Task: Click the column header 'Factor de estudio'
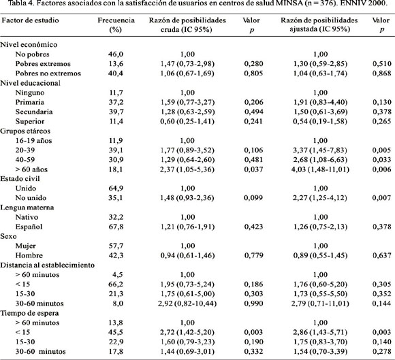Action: pyautogui.click(x=30, y=20)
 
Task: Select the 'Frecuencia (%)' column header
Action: pyautogui.click(x=116, y=24)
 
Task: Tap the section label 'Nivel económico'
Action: pyautogui.click(x=29, y=44)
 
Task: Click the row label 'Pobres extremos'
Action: pyautogui.click(x=43, y=64)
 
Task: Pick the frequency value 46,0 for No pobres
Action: pyautogui.click(x=116, y=54)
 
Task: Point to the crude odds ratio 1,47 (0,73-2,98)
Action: pyautogui.click(x=187, y=64)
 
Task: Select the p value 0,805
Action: pyautogui.click(x=253, y=73)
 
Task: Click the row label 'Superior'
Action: pyautogui.click(x=30, y=121)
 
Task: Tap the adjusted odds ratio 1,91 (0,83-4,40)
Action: pyautogui.click(x=320, y=102)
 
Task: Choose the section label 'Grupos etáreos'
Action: pyautogui.click(x=25, y=131)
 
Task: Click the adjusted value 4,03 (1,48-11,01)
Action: pyautogui.click(x=320, y=169)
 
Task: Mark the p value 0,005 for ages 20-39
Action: pyautogui.click(x=382, y=150)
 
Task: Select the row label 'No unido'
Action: pyautogui.click(x=31, y=198)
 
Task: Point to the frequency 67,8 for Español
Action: pyautogui.click(x=116, y=227)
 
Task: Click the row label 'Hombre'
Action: pyautogui.click(x=29, y=255)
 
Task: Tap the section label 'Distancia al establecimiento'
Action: pyautogui.click(x=48, y=265)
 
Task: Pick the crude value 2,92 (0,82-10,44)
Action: pyautogui.click(x=187, y=304)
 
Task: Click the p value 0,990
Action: pyautogui.click(x=253, y=304)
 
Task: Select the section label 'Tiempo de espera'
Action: pyautogui.click(x=29, y=313)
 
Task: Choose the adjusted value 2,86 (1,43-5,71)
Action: pyautogui.click(x=320, y=332)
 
